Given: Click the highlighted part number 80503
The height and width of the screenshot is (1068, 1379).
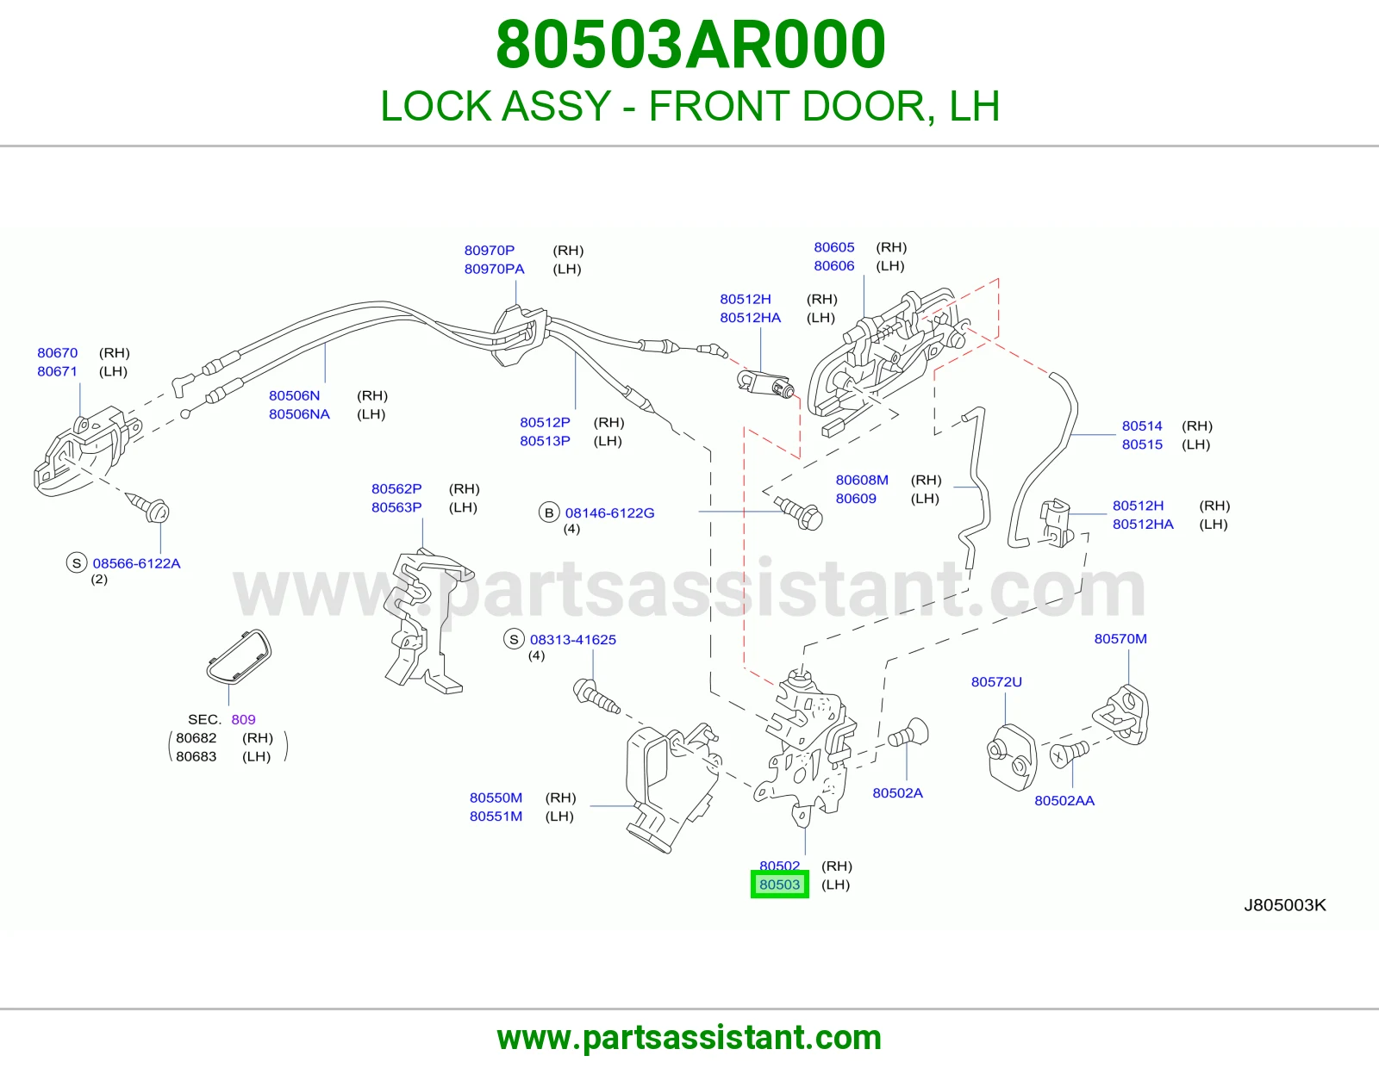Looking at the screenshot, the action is tap(779, 884).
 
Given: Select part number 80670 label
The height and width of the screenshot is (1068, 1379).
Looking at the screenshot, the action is tap(57, 352).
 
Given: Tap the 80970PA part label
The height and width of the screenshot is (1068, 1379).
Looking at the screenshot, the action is tap(495, 269).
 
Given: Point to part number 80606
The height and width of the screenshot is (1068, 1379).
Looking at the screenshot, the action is tap(834, 266).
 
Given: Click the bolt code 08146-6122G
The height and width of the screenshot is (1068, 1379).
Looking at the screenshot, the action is tap(610, 512).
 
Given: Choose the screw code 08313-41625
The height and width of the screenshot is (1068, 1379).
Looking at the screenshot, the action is tap(573, 639).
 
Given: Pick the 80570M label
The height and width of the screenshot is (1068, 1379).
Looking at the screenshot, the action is tap(1120, 638).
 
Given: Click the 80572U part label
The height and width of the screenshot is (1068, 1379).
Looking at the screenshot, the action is tap(996, 682).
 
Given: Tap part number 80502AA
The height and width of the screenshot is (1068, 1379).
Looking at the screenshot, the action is tap(1064, 800).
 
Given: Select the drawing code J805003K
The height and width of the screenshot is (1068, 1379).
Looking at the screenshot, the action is tap(1284, 905).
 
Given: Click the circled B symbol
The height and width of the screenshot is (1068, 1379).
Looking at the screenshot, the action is tap(549, 512).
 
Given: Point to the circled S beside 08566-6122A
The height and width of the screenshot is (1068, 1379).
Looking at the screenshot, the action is tap(77, 562).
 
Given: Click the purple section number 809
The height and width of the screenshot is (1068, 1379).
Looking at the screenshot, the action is tap(243, 719).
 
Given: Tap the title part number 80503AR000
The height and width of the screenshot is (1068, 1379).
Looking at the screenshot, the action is tap(689, 45).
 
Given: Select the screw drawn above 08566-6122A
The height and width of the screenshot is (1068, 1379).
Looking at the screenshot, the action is tap(148, 507).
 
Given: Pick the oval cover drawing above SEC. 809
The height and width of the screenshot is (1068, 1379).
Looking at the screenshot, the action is tap(239, 657).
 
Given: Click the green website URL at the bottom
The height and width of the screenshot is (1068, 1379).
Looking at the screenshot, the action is tap(689, 1038).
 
